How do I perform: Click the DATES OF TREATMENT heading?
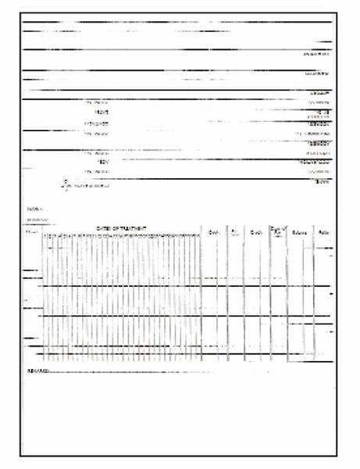click(x=121, y=227)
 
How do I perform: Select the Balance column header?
click(x=299, y=233)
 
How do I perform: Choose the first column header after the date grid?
click(x=213, y=232)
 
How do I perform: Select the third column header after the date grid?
click(x=255, y=232)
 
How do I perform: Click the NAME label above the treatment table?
click(x=32, y=209)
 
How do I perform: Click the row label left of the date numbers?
click(x=31, y=233)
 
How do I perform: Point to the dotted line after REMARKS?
click(x=156, y=370)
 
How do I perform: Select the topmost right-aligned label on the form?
click(x=316, y=54)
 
